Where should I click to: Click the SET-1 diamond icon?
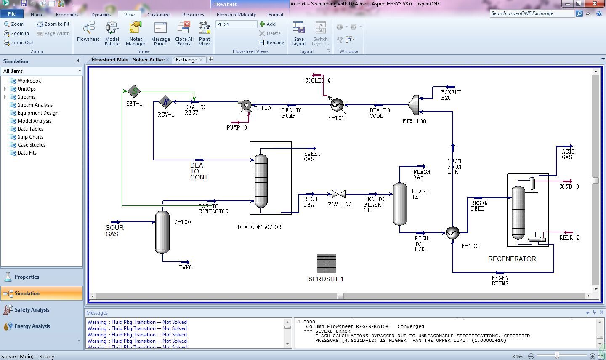pyautogui.click(x=134, y=91)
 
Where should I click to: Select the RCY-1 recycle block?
pyautogui.click(x=165, y=102)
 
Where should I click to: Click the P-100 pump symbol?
pyautogui.click(x=245, y=105)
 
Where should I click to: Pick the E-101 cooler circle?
pyautogui.click(x=337, y=105)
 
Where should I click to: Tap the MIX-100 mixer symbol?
pyautogui.click(x=413, y=105)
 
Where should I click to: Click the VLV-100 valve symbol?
pyautogui.click(x=338, y=194)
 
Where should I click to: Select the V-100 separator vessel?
pyautogui.click(x=162, y=232)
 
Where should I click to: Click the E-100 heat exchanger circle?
pyautogui.click(x=452, y=233)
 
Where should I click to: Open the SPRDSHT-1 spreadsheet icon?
pyautogui.click(x=326, y=264)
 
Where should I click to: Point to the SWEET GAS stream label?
pyautogui.click(x=312, y=157)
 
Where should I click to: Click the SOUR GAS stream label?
pyautogui.click(x=114, y=231)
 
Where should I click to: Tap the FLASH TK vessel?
pyautogui.click(x=400, y=204)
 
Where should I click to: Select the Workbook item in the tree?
pyautogui.click(x=29, y=81)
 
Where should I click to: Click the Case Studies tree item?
pyautogui.click(x=32, y=145)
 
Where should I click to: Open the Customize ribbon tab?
pyautogui.click(x=158, y=15)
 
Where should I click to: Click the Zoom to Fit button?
pyautogui.click(x=53, y=24)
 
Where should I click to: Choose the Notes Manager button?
pyautogui.click(x=136, y=34)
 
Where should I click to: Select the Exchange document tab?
pyautogui.click(x=186, y=59)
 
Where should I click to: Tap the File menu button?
pyautogui.click(x=12, y=14)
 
